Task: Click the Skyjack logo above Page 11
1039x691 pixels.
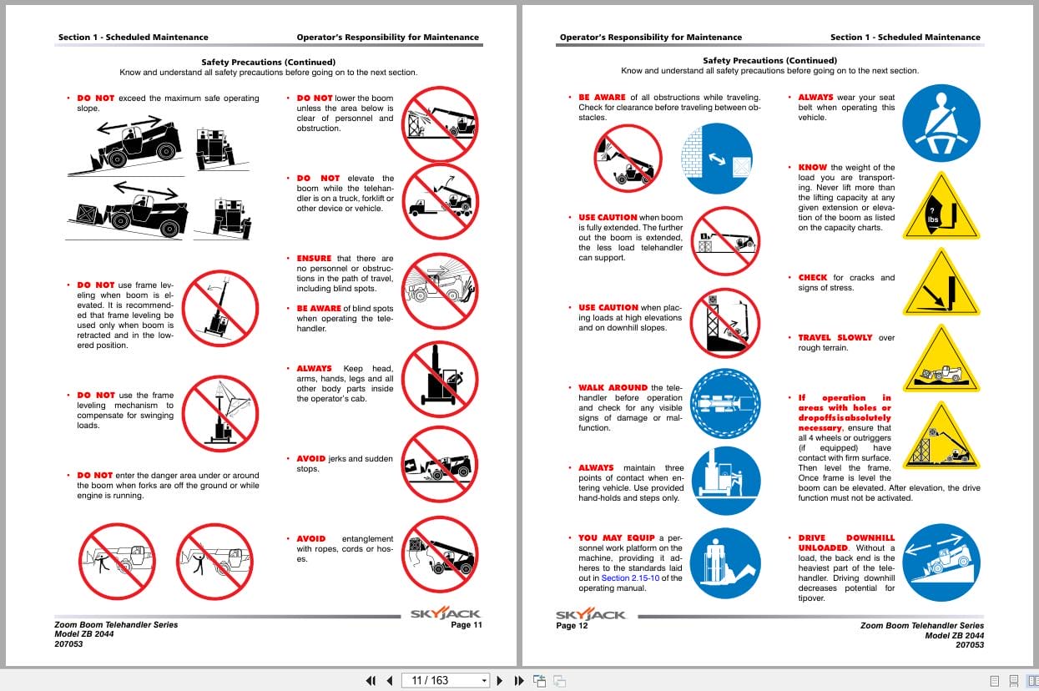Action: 445,614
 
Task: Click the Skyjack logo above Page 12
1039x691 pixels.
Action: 590,614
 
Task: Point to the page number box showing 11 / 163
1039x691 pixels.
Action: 445,680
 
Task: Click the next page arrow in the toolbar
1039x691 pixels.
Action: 500,680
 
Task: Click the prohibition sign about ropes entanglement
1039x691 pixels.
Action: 439,554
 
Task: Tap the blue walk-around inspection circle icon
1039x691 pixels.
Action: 725,403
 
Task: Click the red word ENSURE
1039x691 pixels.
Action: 314,259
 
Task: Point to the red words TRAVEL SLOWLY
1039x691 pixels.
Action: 835,338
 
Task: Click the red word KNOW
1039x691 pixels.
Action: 812,168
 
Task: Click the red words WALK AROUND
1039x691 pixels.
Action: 613,388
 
